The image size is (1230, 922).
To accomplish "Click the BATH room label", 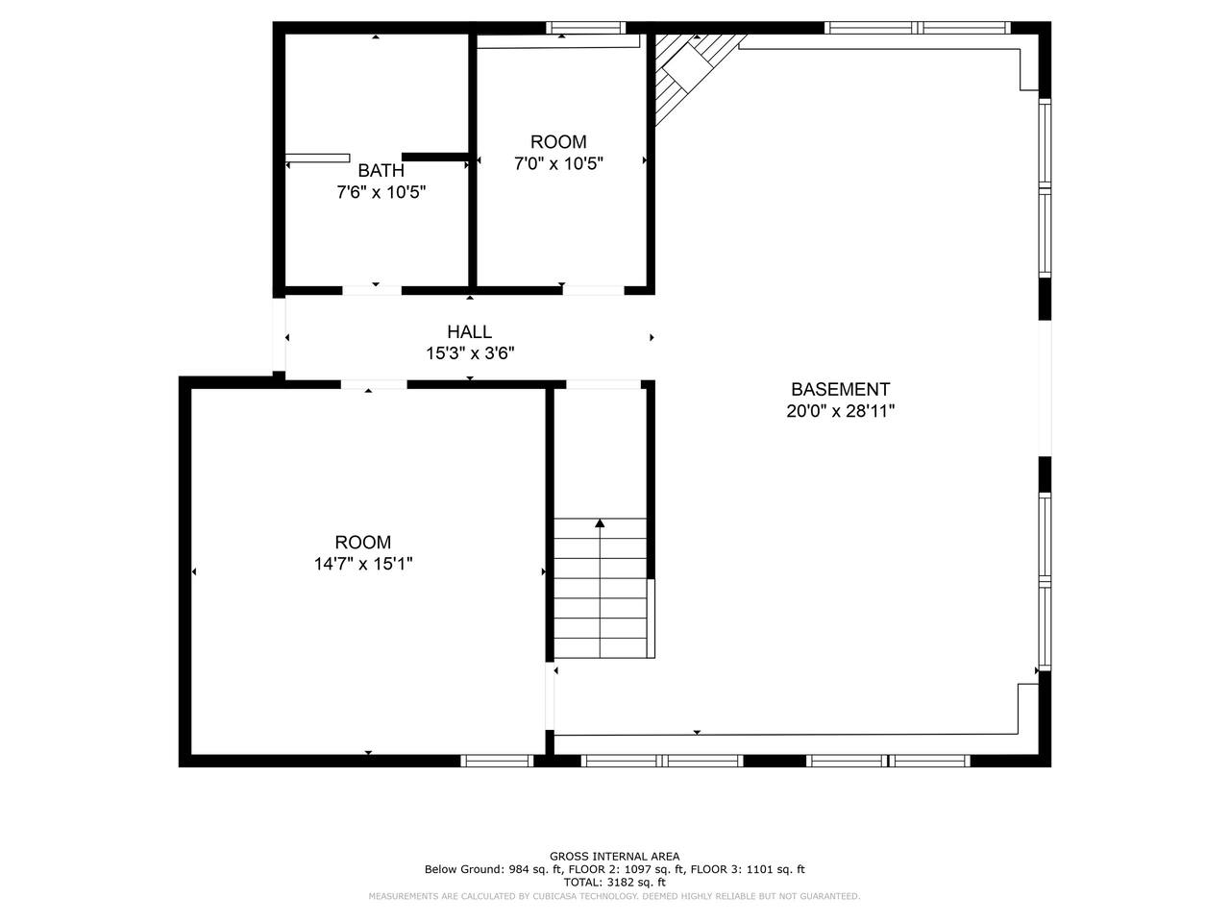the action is point(381,170).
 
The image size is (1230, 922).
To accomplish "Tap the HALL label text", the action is point(469,331).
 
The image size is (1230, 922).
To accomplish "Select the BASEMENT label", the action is point(840,389).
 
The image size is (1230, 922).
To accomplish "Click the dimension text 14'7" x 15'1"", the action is point(363,564).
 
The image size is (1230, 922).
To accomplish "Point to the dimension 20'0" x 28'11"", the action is point(840,411).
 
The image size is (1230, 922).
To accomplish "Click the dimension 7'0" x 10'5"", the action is point(558,163).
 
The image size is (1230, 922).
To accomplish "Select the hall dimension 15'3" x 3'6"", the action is point(470,353).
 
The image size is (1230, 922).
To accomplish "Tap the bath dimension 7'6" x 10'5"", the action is point(381,192).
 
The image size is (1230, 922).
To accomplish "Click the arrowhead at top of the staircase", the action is point(600,522).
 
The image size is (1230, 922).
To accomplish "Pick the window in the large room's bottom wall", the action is point(497,761).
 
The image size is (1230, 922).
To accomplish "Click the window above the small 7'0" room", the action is point(585,28).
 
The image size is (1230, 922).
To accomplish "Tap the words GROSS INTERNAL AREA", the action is point(614,856).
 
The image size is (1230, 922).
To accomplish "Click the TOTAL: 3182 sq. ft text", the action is point(614,883).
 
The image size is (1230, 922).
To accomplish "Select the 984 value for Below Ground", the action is point(518,869).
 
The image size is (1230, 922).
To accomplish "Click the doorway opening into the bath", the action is point(372,291).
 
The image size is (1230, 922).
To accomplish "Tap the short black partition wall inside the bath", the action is point(435,157).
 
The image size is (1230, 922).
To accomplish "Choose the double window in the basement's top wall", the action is point(918,28).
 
